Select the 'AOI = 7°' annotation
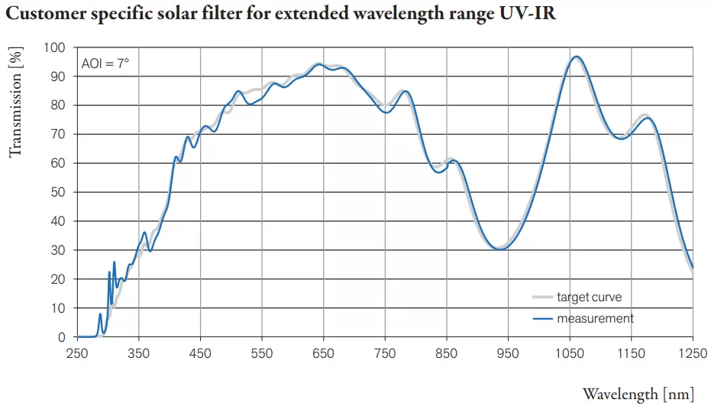click(x=105, y=63)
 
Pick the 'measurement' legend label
click(x=595, y=318)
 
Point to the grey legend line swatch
click(x=542, y=297)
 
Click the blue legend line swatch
click(x=542, y=318)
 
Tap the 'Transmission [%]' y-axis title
click(x=15, y=102)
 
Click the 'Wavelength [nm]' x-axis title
click(x=638, y=394)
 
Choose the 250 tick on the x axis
click(x=77, y=353)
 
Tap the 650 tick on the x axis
click(x=324, y=353)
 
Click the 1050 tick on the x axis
click(x=570, y=353)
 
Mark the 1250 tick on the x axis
click(x=693, y=353)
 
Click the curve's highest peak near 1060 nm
click(x=577, y=57)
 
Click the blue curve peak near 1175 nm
click(x=648, y=118)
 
